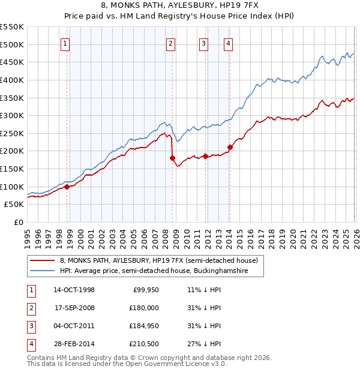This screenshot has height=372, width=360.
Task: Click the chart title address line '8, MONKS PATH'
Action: (179, 5)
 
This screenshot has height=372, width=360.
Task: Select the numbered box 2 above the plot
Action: (171, 43)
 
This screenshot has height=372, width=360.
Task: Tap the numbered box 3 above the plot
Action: (203, 43)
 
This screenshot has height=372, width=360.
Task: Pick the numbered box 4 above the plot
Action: (229, 43)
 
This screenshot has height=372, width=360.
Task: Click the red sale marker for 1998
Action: (67, 187)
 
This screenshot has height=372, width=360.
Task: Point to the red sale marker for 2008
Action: (172, 158)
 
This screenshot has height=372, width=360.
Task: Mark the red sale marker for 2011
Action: (205, 157)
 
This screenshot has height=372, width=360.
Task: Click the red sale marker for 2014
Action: (230, 147)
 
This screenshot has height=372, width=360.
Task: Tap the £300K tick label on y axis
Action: (12, 115)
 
